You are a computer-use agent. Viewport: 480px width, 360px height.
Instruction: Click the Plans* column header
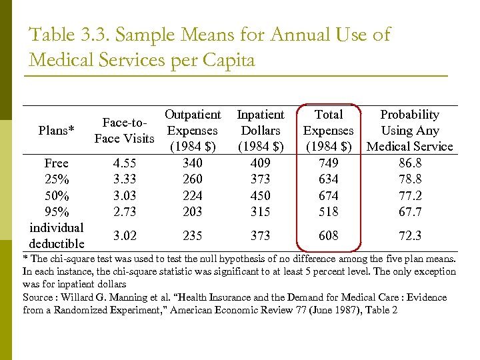tap(56, 131)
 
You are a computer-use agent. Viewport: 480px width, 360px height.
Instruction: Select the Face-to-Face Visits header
tap(125, 131)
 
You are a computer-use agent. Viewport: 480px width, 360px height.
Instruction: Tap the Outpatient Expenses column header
tap(193, 131)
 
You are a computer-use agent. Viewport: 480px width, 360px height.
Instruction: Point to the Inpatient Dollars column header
tap(261, 131)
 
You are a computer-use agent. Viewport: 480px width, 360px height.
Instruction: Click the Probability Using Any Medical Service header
tap(409, 131)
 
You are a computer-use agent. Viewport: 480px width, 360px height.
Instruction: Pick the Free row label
tap(56, 163)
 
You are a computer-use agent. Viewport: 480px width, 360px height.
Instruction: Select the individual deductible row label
tap(56, 235)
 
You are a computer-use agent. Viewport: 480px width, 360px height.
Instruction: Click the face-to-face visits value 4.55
tap(126, 163)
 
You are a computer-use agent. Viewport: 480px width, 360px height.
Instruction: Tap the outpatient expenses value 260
tap(193, 179)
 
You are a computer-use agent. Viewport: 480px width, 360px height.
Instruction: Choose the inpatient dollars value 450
tap(261, 196)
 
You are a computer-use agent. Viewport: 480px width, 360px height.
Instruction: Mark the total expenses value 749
tap(329, 163)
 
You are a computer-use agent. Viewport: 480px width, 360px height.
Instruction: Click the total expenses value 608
tap(329, 235)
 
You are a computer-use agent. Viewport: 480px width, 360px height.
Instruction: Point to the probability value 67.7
tap(409, 212)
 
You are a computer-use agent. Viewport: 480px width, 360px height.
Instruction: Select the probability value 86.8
tap(409, 163)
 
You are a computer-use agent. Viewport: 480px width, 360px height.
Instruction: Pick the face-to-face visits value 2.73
tap(126, 212)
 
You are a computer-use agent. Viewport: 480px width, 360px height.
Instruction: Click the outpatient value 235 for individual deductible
tap(193, 235)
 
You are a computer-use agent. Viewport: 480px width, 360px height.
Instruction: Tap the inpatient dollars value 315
tap(261, 212)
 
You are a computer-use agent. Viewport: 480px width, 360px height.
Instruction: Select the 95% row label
tap(56, 212)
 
